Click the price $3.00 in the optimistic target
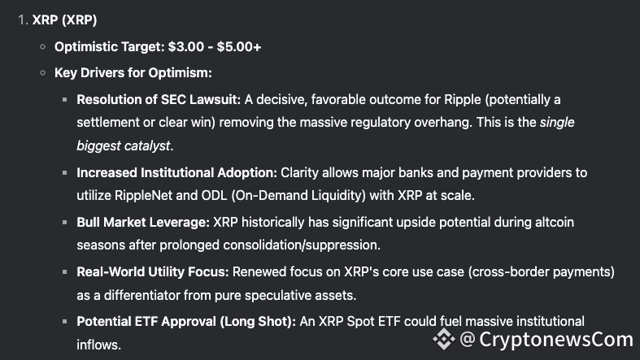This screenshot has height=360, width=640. tap(186, 47)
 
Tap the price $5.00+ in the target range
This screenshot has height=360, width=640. tap(239, 47)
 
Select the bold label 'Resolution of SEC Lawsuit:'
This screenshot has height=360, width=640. tap(159, 99)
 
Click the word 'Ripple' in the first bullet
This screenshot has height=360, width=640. tap(463, 100)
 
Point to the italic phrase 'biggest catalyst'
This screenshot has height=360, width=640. tap(124, 145)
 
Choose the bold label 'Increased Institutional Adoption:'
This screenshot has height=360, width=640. tap(176, 172)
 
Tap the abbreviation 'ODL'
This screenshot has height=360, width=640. tap(214, 195)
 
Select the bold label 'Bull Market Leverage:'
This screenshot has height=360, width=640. tap(143, 222)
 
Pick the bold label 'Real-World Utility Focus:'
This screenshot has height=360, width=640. tap(153, 272)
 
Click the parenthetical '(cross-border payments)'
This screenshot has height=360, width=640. tap(542, 272)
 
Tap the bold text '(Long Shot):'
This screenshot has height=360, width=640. tap(258, 322)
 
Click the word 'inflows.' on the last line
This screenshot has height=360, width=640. tap(98, 345)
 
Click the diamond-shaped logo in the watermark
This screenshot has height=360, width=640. tap(444, 339)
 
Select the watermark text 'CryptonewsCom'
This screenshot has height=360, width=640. tap(556, 339)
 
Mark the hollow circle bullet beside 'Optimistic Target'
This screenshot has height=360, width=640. tap(43, 47)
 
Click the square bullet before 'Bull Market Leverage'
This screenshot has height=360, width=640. tap(64, 222)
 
